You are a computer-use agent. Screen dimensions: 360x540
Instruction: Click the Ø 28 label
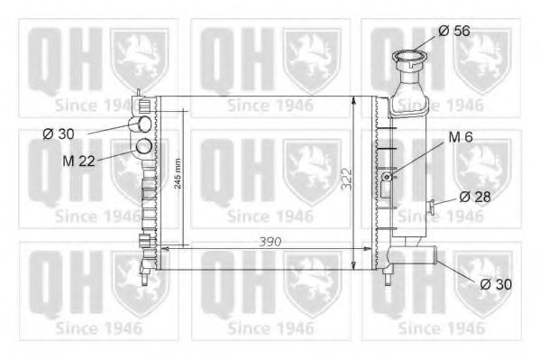coord(475,196)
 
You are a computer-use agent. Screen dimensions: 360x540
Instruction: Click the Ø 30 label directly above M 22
coord(60,134)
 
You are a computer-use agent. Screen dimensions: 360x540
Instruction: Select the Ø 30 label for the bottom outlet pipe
coord(497,283)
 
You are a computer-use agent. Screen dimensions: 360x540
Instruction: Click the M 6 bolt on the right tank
coord(387,176)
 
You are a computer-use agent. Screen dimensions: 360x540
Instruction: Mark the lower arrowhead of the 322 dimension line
coord(352,265)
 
